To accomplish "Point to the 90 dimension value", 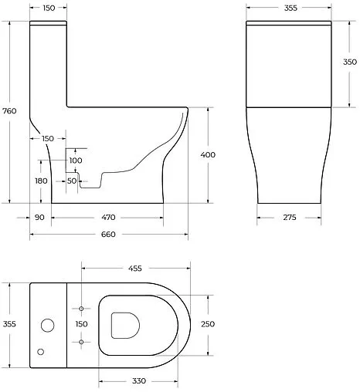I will click(x=39, y=218).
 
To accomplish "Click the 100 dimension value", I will click(x=76, y=161).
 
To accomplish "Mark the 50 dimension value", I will click(x=72, y=181).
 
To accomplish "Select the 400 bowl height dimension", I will click(x=207, y=154).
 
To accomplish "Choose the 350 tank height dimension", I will click(x=349, y=62).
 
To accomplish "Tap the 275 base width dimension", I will click(x=290, y=218).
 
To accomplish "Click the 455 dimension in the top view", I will click(x=134, y=269).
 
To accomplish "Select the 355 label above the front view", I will click(x=290, y=8).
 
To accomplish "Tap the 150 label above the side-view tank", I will click(x=48, y=8).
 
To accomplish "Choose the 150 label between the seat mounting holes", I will click(x=81, y=324).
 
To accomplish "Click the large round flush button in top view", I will click(x=48, y=324).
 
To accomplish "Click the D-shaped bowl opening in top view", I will click(x=124, y=325).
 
